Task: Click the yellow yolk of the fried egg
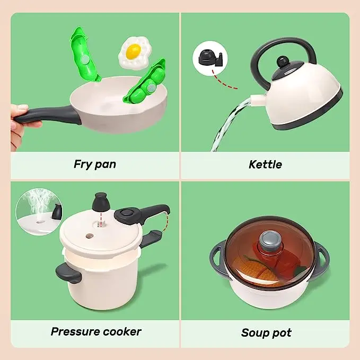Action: (134, 51)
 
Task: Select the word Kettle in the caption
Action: (265, 164)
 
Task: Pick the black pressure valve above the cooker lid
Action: (101, 202)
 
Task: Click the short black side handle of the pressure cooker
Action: (68, 273)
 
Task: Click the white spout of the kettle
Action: (258, 100)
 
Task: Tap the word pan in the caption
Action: (106, 165)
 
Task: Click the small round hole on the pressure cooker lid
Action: (90, 236)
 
